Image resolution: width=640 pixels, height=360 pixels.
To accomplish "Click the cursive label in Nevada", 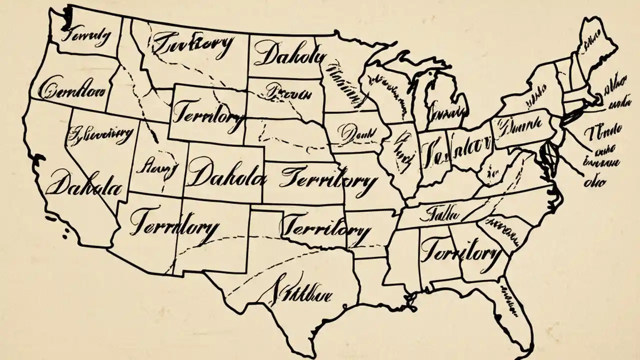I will [100, 134].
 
